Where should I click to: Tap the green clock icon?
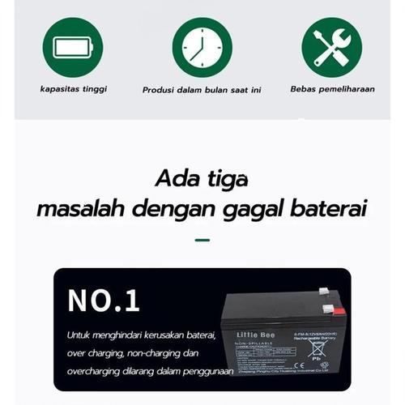(202, 47)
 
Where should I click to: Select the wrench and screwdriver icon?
(331, 47)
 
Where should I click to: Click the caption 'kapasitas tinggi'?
(73, 89)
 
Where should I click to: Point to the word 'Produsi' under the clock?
(159, 90)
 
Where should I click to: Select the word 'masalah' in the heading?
(80, 210)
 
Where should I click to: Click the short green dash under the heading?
(202, 240)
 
